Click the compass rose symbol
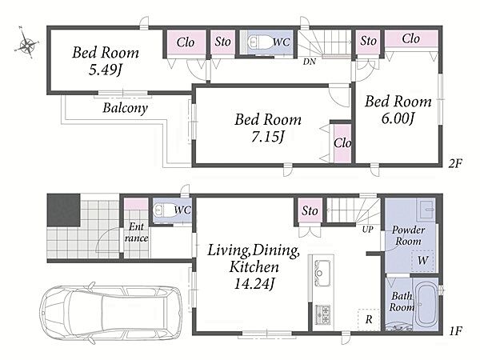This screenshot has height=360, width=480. (x=27, y=45)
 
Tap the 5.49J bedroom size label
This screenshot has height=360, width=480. (x=105, y=70)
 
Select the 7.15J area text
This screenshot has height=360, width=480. (x=267, y=137)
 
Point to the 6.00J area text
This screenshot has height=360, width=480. (x=398, y=118)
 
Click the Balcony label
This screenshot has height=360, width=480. (x=126, y=108)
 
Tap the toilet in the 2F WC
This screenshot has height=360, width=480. (x=259, y=42)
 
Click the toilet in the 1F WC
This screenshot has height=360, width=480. (x=165, y=210)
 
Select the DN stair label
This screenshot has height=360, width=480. (x=310, y=62)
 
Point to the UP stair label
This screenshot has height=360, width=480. (x=367, y=229)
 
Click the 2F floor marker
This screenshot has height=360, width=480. (x=455, y=163)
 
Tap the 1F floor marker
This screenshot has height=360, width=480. (x=455, y=330)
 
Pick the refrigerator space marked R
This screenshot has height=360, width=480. (x=369, y=319)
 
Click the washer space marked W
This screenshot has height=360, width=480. (x=422, y=261)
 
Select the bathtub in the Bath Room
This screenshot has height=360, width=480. (x=426, y=304)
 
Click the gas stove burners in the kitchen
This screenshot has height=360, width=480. (x=322, y=314)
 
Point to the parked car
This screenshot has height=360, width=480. (x=111, y=312)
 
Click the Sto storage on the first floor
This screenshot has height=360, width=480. (x=310, y=210)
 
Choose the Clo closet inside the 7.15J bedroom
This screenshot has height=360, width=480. (x=342, y=142)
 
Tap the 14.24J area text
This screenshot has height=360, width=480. (x=254, y=284)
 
